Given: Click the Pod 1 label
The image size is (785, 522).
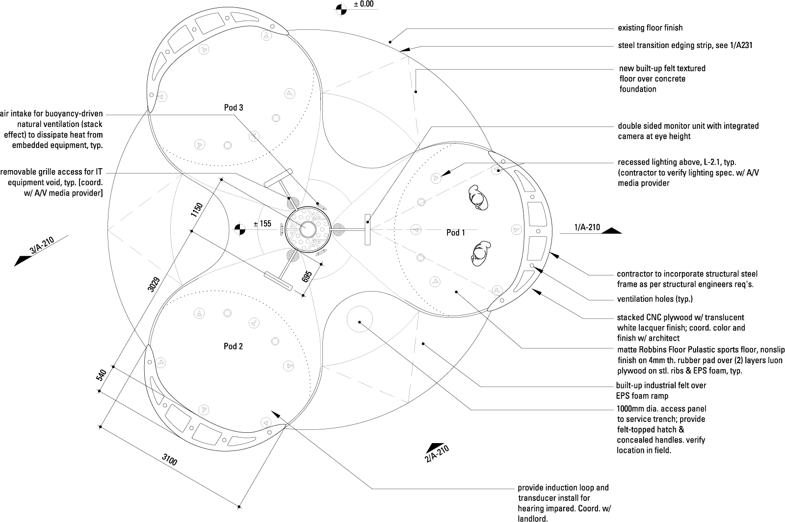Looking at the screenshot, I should pos(455,233).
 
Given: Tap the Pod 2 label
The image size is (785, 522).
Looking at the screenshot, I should pos(233,347).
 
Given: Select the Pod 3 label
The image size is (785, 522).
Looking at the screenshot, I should pos(234,108).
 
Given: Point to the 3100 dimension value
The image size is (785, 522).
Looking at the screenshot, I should pos(170,461).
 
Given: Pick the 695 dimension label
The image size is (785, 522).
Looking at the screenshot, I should pos(307,277).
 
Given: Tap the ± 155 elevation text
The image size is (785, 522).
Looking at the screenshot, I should pos(262,224).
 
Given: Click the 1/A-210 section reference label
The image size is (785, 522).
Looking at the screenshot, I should pos(587,227).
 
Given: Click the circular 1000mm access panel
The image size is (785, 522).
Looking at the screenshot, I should pos(360,322).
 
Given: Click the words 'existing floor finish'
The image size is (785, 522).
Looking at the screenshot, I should pos(650,28).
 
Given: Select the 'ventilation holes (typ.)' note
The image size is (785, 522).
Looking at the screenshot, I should pos(654,299).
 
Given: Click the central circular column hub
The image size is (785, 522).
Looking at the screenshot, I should pos(308,229).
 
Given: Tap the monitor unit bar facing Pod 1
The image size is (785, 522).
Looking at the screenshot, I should pos(367,229).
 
